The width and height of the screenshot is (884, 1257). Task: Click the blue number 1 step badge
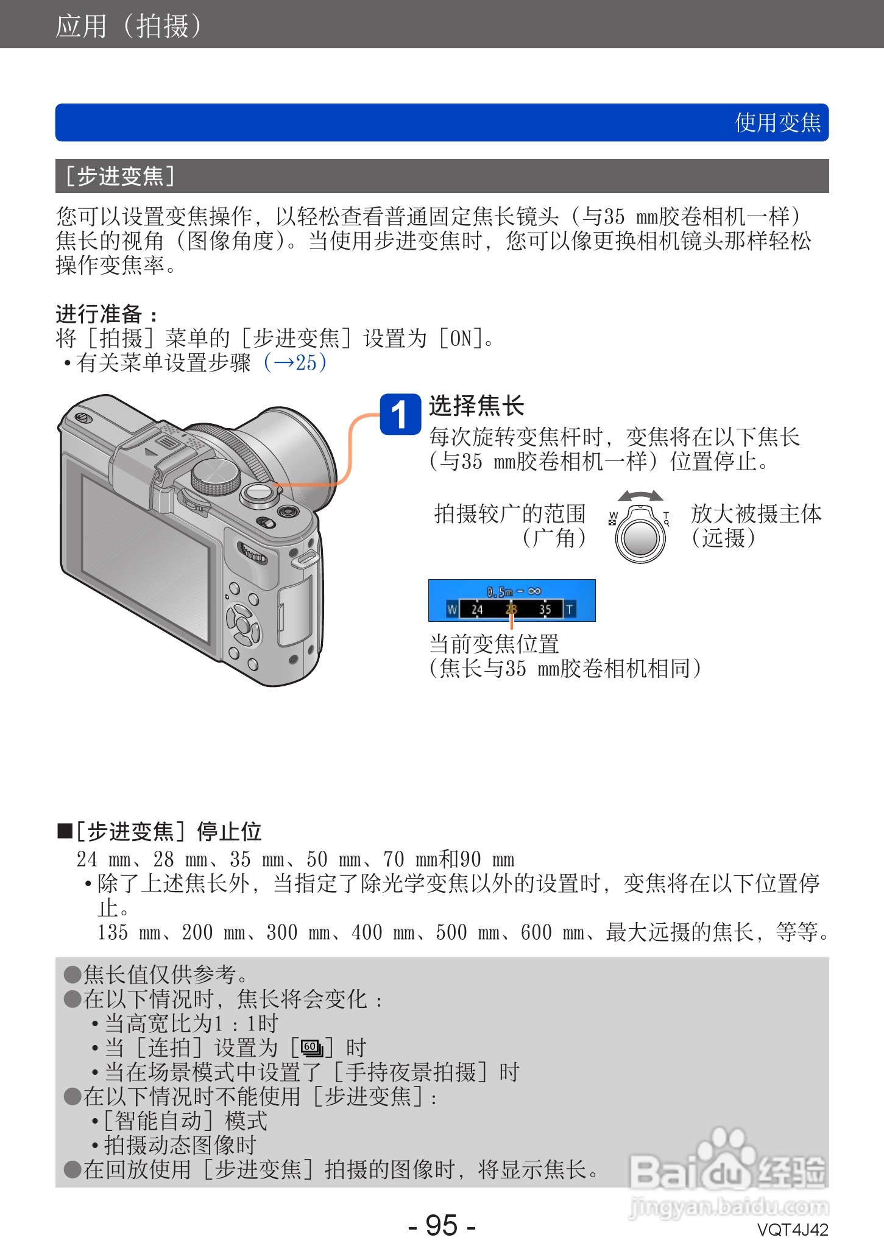click(x=400, y=415)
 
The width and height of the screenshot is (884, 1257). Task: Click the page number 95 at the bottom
click(x=442, y=1225)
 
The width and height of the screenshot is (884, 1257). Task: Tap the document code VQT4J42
click(x=793, y=1230)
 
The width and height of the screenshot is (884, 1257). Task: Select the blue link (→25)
click(x=295, y=362)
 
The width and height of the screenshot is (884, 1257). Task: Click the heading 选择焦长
click(x=476, y=406)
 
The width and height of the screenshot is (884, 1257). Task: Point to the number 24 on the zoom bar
click(x=477, y=609)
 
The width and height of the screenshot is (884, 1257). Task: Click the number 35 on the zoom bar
click(x=545, y=609)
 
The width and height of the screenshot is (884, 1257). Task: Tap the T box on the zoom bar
click(x=570, y=609)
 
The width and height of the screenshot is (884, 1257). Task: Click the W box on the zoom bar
click(x=452, y=609)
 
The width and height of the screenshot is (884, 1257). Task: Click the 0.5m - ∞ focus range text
click(x=514, y=591)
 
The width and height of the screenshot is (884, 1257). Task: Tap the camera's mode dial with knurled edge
click(x=215, y=476)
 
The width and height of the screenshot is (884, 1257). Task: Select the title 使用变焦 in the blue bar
click(x=777, y=122)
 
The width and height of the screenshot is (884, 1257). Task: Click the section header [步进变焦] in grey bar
click(x=121, y=176)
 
